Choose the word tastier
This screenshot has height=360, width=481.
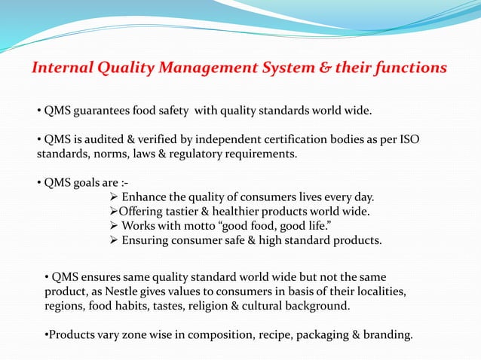[187, 212]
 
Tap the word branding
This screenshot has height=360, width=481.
[389, 334]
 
